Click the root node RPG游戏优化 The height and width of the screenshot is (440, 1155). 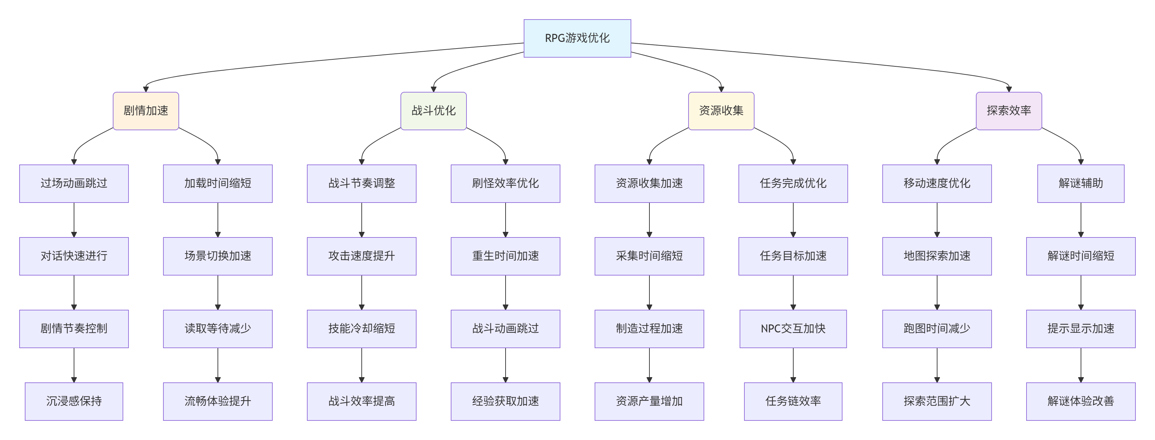click(x=577, y=38)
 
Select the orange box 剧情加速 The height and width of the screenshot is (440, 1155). click(x=146, y=111)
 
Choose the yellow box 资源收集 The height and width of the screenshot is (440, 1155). click(x=721, y=111)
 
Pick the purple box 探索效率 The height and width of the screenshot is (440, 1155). click(x=1009, y=111)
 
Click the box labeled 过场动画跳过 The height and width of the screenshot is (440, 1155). click(x=74, y=183)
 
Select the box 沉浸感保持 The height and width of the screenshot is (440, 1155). click(x=74, y=402)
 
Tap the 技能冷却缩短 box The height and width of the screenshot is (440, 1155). click(x=361, y=329)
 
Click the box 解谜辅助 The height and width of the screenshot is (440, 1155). click(x=1081, y=183)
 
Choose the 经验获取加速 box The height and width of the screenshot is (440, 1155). click(x=505, y=402)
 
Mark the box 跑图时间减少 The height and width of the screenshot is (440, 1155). click(x=937, y=329)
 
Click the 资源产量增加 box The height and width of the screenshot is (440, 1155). click(x=649, y=402)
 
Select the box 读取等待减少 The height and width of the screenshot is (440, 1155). click(x=218, y=329)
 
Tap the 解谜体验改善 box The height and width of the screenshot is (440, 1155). click(x=1081, y=402)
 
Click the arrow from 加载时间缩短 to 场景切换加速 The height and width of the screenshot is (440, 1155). click(x=218, y=220)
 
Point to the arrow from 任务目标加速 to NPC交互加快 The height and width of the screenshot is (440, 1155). click(x=793, y=292)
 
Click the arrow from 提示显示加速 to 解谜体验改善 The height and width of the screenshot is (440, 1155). click(x=1081, y=365)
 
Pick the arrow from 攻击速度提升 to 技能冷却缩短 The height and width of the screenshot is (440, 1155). click(x=362, y=292)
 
